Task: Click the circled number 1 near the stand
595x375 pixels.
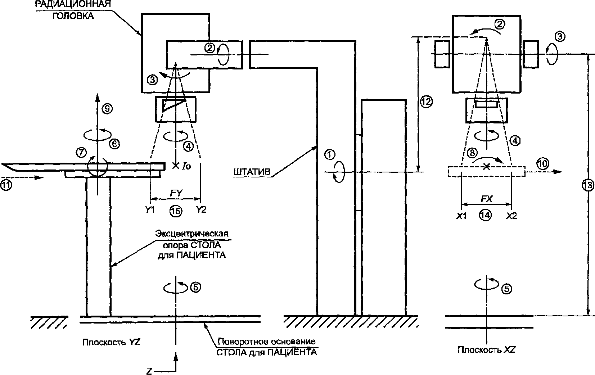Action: tap(330, 154)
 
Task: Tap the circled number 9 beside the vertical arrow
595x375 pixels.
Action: tap(108, 109)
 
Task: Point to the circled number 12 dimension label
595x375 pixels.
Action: tap(426, 102)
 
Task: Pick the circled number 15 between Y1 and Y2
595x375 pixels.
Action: tap(176, 211)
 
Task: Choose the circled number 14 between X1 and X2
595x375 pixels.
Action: tap(485, 215)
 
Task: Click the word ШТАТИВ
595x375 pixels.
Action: tap(252, 172)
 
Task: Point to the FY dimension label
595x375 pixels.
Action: tap(176, 193)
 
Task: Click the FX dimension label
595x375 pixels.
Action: tap(487, 199)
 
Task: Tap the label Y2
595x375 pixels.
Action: tap(201, 210)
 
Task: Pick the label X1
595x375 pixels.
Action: tap(461, 216)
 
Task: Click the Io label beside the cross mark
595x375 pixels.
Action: tap(186, 167)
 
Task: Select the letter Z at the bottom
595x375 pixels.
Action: tap(149, 371)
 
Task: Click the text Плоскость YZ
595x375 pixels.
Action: tap(111, 342)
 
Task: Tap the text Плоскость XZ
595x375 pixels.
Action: tap(486, 350)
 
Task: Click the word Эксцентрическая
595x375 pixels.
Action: tap(192, 234)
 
